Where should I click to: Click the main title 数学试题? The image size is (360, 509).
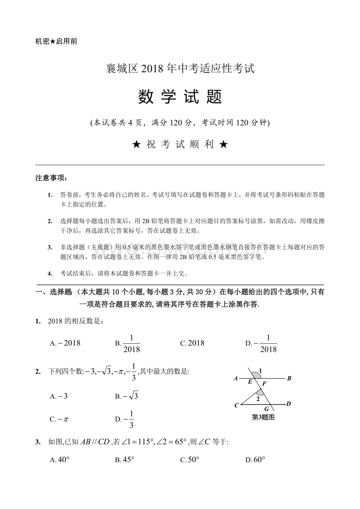[x=180, y=97]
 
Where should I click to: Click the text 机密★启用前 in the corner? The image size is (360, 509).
[x=56, y=41]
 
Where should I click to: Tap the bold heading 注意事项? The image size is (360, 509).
[x=51, y=178]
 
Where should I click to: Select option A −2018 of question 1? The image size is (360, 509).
[x=65, y=343]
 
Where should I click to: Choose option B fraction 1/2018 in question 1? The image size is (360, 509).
[x=128, y=343]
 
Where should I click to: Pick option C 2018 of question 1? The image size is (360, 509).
[x=192, y=343]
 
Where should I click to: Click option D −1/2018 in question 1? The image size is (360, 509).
[x=261, y=343]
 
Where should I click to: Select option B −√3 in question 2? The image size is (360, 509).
[x=126, y=396]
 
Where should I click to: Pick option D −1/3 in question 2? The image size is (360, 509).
[x=125, y=419]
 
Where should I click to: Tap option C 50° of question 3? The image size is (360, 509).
[x=190, y=460]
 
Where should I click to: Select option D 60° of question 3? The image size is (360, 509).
[x=255, y=460]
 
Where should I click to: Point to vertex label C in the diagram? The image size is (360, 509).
[x=236, y=406]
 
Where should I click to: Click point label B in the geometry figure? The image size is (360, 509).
[x=289, y=378]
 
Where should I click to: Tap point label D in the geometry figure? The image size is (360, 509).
[x=288, y=403]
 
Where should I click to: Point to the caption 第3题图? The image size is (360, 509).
[x=263, y=417]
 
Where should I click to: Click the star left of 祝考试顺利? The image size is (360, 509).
[x=136, y=144]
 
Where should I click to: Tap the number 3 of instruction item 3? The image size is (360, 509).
[x=50, y=247]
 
